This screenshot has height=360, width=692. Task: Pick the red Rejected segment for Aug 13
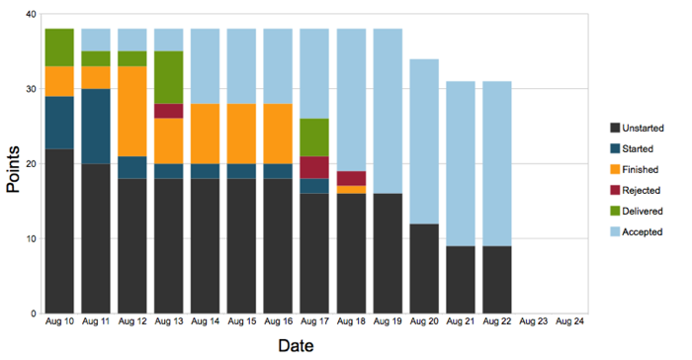coord(169,111)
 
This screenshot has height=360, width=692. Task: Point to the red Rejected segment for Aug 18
coord(351,178)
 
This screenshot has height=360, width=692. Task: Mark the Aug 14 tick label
coord(206,322)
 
